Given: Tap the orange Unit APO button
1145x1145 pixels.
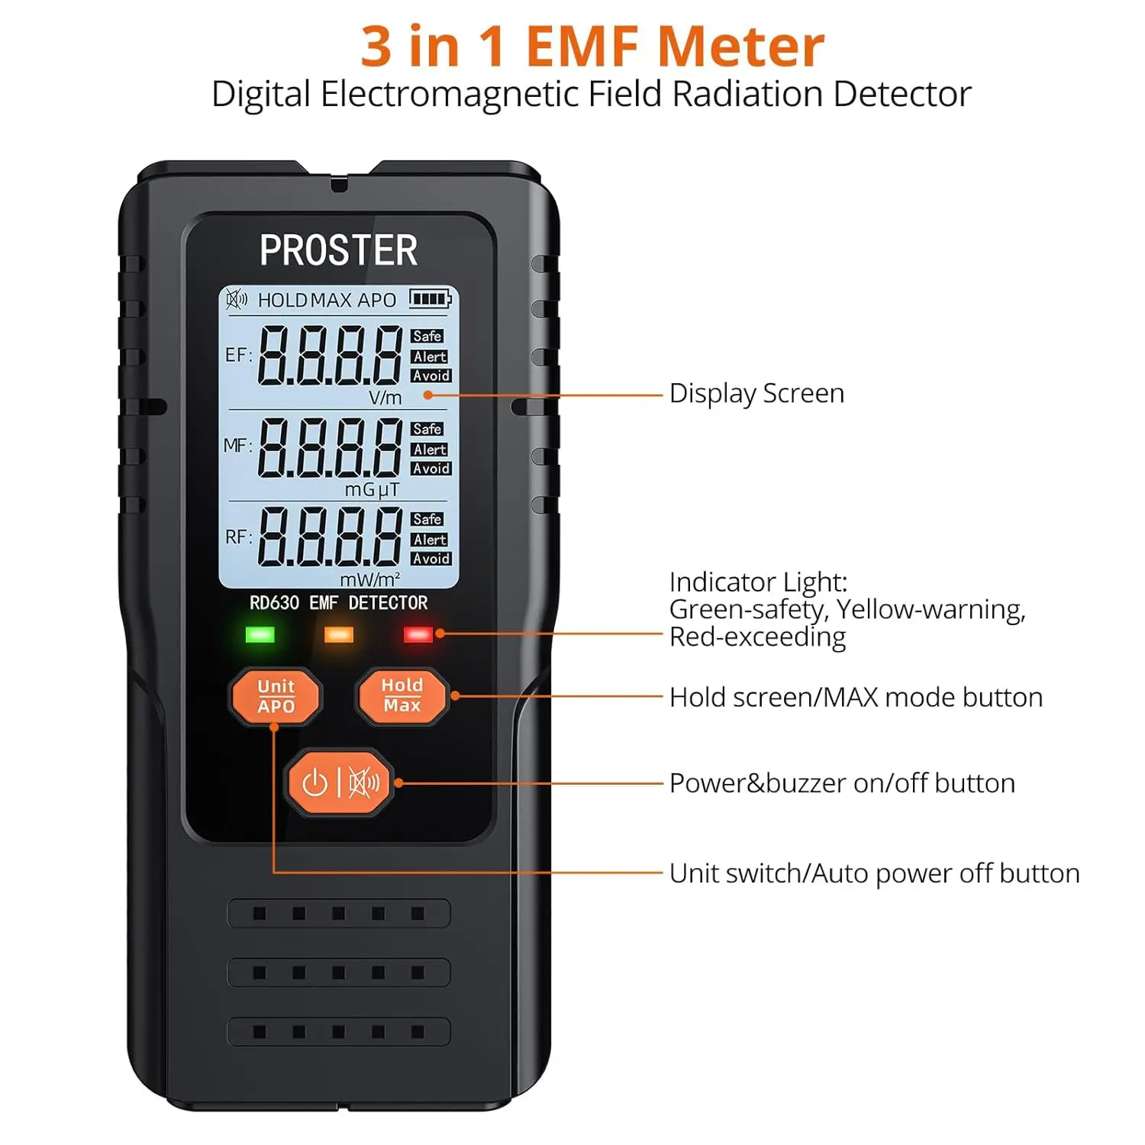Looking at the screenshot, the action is click(x=276, y=695).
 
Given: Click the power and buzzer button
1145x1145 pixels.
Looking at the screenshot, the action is click(x=340, y=782).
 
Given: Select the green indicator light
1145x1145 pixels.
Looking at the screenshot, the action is click(x=260, y=634).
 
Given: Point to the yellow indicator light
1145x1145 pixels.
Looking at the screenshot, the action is click(x=339, y=634).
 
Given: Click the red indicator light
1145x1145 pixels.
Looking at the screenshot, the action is click(x=418, y=634).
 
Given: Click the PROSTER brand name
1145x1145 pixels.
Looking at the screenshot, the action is click(x=339, y=250).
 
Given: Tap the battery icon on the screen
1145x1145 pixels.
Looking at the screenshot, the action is click(x=431, y=298).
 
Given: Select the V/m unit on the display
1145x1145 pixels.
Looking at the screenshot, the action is click(x=385, y=398).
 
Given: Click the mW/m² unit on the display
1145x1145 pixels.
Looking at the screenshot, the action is click(x=369, y=579).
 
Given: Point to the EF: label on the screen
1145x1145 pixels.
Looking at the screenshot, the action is click(x=238, y=355).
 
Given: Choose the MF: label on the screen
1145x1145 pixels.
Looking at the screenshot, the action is click(x=237, y=445).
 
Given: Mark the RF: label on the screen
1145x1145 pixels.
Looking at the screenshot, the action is click(x=238, y=537).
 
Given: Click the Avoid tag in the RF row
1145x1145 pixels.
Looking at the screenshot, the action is click(x=431, y=559).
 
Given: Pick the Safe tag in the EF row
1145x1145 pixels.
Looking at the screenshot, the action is click(x=427, y=336).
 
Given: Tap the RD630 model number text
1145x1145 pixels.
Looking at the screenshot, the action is click(x=274, y=603).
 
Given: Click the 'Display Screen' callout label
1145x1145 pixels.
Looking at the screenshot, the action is click(x=756, y=394).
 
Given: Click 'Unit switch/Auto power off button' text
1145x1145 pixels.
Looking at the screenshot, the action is click(x=875, y=873).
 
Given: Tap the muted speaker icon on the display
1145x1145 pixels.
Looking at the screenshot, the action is click(x=237, y=299).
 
